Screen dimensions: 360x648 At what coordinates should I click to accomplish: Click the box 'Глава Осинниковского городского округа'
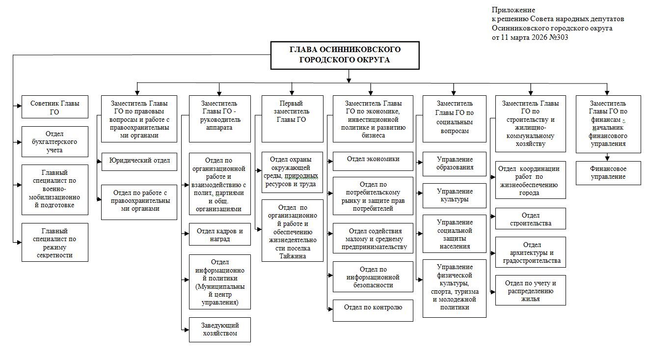click(x=346, y=55)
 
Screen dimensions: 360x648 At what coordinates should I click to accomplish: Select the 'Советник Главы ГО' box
click(x=55, y=107)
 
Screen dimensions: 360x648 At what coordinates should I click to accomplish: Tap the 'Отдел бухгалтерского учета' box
click(x=55, y=142)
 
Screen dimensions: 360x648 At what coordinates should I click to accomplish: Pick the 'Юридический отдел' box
click(x=139, y=161)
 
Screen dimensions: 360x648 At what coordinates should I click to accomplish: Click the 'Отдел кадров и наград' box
click(x=219, y=235)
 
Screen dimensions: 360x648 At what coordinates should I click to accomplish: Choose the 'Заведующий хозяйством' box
click(x=219, y=330)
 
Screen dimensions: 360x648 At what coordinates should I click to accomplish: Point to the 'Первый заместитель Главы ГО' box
click(x=292, y=118)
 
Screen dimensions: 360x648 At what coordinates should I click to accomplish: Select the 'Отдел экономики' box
click(x=373, y=159)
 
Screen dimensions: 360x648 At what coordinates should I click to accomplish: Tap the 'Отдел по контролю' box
click(x=373, y=309)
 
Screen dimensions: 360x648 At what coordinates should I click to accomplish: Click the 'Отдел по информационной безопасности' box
click(x=373, y=277)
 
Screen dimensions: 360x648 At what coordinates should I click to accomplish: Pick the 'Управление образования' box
click(x=455, y=164)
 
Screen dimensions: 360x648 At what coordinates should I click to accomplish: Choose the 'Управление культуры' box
click(x=455, y=195)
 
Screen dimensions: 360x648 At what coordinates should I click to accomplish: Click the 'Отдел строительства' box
click(x=530, y=219)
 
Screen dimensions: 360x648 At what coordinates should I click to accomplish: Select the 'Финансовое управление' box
click(x=608, y=173)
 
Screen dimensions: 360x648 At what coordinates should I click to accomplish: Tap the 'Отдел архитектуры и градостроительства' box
click(x=530, y=252)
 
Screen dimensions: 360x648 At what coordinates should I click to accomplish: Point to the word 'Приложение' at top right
click(x=513, y=10)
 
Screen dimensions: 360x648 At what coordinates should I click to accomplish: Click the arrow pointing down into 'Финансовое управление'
click(x=608, y=157)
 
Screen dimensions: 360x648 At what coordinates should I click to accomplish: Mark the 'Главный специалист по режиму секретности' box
click(x=55, y=243)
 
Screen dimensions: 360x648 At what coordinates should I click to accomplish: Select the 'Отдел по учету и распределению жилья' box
click(x=530, y=290)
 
